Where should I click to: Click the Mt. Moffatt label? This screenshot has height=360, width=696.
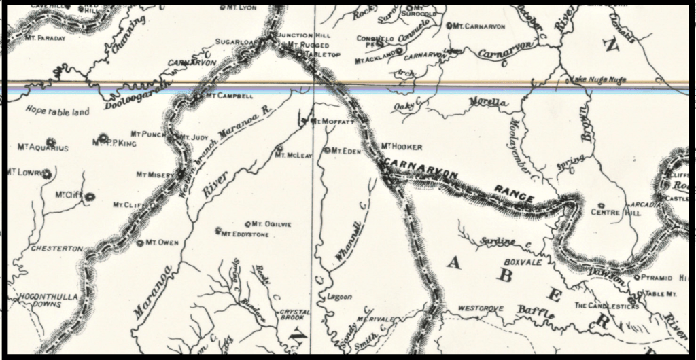pos(334,122)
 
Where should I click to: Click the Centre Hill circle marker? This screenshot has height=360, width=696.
pos(601,205)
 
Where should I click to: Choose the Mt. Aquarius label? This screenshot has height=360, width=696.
pos(43,147)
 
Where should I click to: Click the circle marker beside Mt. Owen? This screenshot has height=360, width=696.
pos(139,242)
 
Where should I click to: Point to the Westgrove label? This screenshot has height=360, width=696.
pos(481,308)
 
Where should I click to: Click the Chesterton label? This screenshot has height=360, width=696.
pos(57,249)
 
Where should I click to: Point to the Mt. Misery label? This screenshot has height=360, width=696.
pos(156,175)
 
